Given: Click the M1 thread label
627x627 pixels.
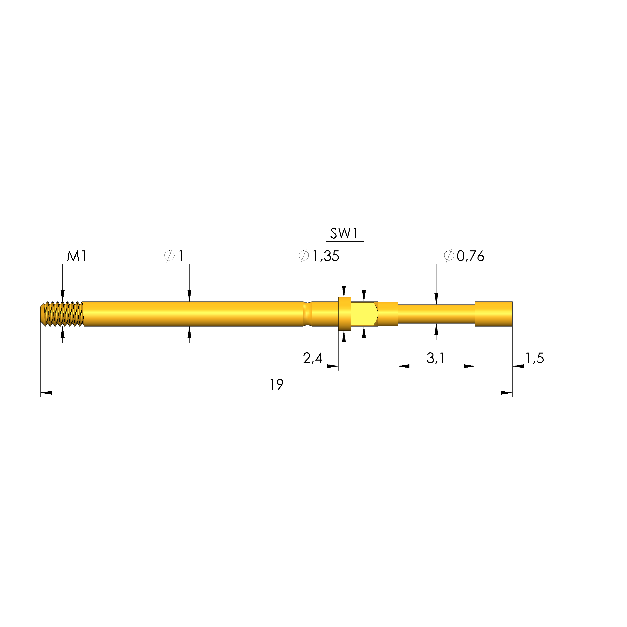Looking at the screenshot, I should click(77, 256).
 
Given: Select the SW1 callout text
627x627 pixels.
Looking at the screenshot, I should click(344, 234).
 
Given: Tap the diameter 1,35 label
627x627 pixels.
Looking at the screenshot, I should click(319, 256).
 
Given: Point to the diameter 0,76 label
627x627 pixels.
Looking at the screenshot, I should click(464, 256).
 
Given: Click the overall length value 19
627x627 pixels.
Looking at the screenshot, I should click(276, 385).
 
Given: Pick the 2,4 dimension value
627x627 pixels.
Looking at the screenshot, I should click(312, 358).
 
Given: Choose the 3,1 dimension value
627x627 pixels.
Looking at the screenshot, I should click(435, 358).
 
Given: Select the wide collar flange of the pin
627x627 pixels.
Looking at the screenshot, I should click(344, 314).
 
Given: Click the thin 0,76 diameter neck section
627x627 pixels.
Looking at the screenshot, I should click(436, 314).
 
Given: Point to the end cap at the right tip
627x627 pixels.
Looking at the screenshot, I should click(493, 314).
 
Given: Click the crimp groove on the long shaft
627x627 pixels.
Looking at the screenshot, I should click(307, 314).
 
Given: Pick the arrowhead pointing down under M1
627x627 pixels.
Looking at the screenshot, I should click(63, 296).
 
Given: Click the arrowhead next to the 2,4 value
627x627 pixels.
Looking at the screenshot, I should click(333, 366).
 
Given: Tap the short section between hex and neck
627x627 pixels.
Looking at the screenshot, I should click(388, 314).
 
